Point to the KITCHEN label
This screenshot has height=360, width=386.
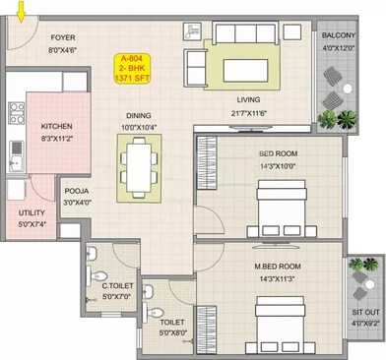(x=57, y=128)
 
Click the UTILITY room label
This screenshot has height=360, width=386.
(x=32, y=212)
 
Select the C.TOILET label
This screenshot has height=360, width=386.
(x=116, y=284)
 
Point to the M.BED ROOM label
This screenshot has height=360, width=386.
(x=279, y=267)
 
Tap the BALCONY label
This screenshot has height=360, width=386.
(x=338, y=35)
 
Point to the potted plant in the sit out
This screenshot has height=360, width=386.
(x=365, y=267)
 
